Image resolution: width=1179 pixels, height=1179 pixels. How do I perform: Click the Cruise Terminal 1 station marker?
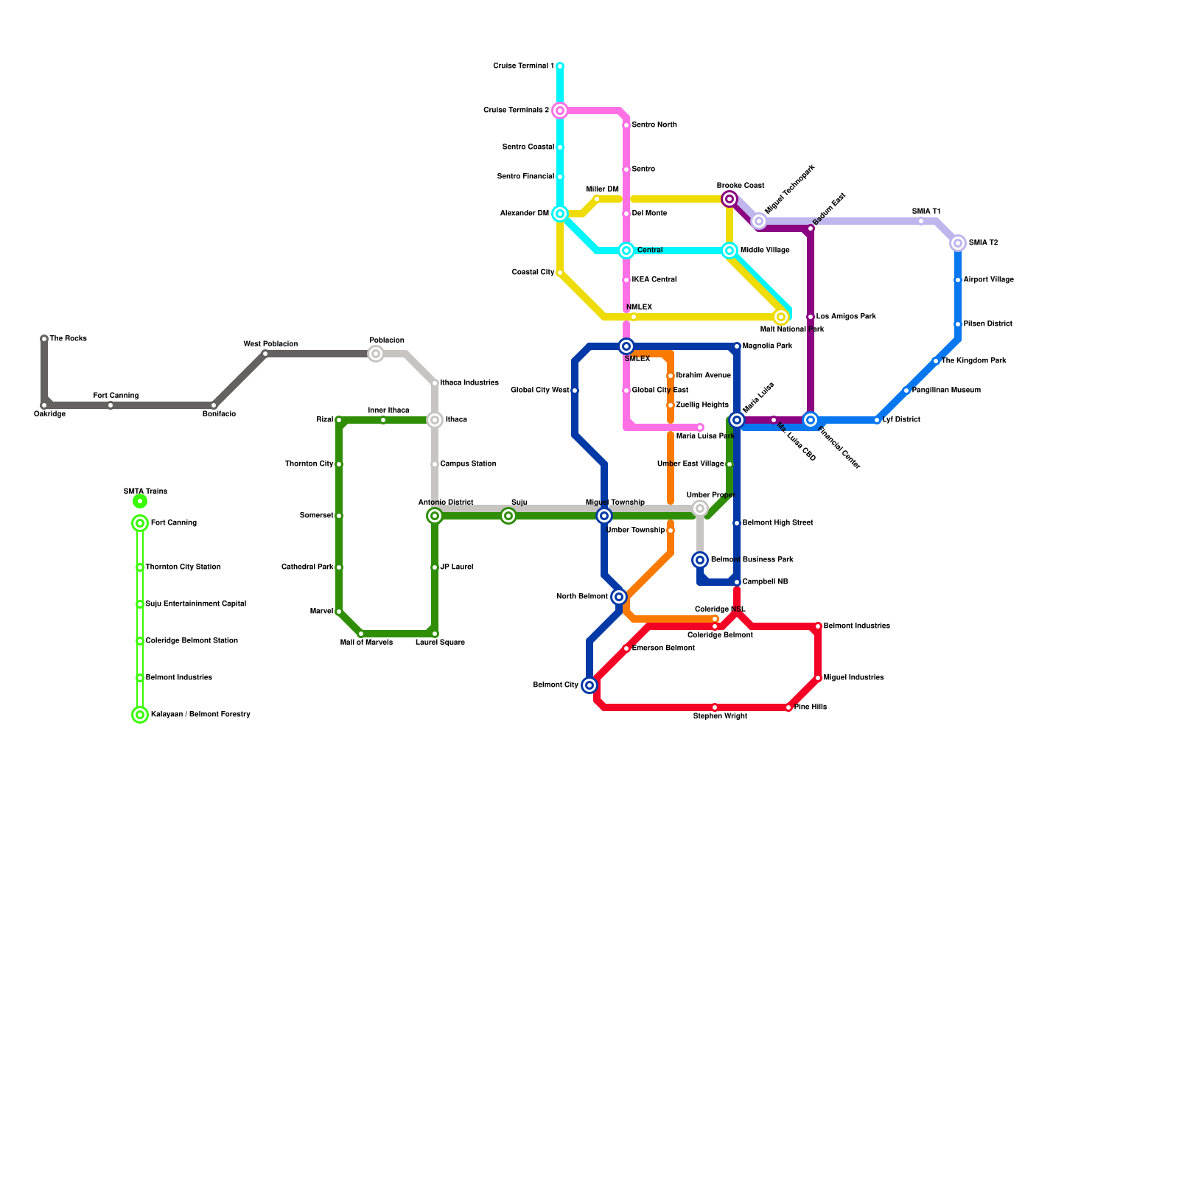(x=560, y=66)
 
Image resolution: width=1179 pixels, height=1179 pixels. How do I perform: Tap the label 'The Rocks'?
(x=69, y=339)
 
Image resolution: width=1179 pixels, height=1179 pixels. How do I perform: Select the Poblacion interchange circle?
(x=376, y=354)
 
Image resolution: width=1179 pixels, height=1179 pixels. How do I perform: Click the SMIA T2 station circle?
(x=958, y=243)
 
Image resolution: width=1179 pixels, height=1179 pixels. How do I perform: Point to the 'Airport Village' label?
(x=989, y=280)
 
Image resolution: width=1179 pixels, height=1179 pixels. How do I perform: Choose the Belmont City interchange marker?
(x=589, y=685)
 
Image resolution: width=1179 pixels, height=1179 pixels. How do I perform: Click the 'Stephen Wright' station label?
(x=720, y=716)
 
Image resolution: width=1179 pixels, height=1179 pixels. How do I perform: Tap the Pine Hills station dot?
(x=788, y=707)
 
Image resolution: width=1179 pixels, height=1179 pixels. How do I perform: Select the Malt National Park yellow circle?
(x=781, y=317)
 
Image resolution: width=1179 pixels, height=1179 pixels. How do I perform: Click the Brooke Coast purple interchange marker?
(x=730, y=199)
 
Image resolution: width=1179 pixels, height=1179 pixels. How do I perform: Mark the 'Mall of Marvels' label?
(x=366, y=643)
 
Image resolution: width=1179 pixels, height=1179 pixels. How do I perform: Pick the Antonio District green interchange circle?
(x=435, y=516)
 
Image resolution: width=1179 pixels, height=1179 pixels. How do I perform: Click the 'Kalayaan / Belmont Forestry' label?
(x=200, y=715)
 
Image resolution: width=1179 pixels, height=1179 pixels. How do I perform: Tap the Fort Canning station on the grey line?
(x=111, y=405)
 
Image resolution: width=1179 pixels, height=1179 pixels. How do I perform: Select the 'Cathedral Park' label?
(x=307, y=567)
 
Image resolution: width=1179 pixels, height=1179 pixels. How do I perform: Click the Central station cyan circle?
(x=626, y=251)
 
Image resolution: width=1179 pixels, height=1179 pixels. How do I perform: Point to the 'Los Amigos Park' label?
(x=846, y=317)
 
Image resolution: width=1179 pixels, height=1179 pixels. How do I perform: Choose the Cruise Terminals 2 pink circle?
(x=560, y=111)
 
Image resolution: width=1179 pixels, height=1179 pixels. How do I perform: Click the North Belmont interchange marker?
(x=619, y=597)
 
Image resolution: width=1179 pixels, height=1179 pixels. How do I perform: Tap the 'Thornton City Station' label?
(x=183, y=567)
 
